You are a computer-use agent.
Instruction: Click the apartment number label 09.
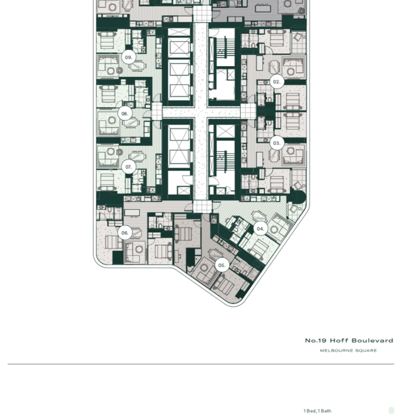tap(128, 57)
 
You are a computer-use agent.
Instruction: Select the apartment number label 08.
tap(125, 114)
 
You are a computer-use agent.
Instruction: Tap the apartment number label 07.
tap(129, 167)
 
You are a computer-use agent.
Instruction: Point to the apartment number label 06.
tap(125, 233)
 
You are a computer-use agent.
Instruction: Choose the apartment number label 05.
tap(222, 265)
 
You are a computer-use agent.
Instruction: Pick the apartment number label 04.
tap(261, 229)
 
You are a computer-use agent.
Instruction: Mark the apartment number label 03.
tap(277, 143)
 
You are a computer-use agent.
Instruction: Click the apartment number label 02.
tap(277, 82)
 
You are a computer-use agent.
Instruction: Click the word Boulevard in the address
tap(372, 341)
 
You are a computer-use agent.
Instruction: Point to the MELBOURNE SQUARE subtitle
tap(348, 351)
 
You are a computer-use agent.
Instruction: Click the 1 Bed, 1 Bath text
tap(317, 411)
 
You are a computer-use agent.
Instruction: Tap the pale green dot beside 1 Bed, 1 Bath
tap(392, 411)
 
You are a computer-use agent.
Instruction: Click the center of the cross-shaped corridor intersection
tap(201, 112)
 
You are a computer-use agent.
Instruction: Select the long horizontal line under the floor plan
tap(201, 364)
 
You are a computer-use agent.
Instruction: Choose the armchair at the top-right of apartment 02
tap(298, 37)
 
